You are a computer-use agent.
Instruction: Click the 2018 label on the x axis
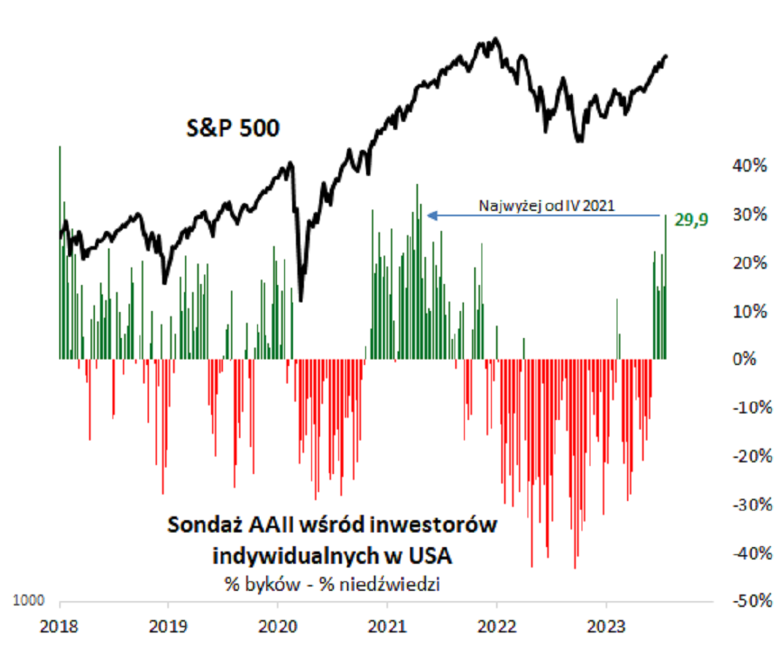coord(60,626)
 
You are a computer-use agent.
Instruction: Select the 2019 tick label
coord(168,626)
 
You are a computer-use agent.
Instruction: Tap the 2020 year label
coord(278,626)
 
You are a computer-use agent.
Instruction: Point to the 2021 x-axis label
coord(387,626)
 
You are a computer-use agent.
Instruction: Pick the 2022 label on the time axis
coord(497,626)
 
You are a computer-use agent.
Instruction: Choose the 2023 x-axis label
coord(606,626)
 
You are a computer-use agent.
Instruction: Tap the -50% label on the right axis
coord(747,601)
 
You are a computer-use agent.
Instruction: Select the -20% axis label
coord(747,456)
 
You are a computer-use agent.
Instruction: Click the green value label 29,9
coord(693,218)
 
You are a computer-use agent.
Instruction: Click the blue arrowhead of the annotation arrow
coord(432,215)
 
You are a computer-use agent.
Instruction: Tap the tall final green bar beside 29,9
coord(666,287)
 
